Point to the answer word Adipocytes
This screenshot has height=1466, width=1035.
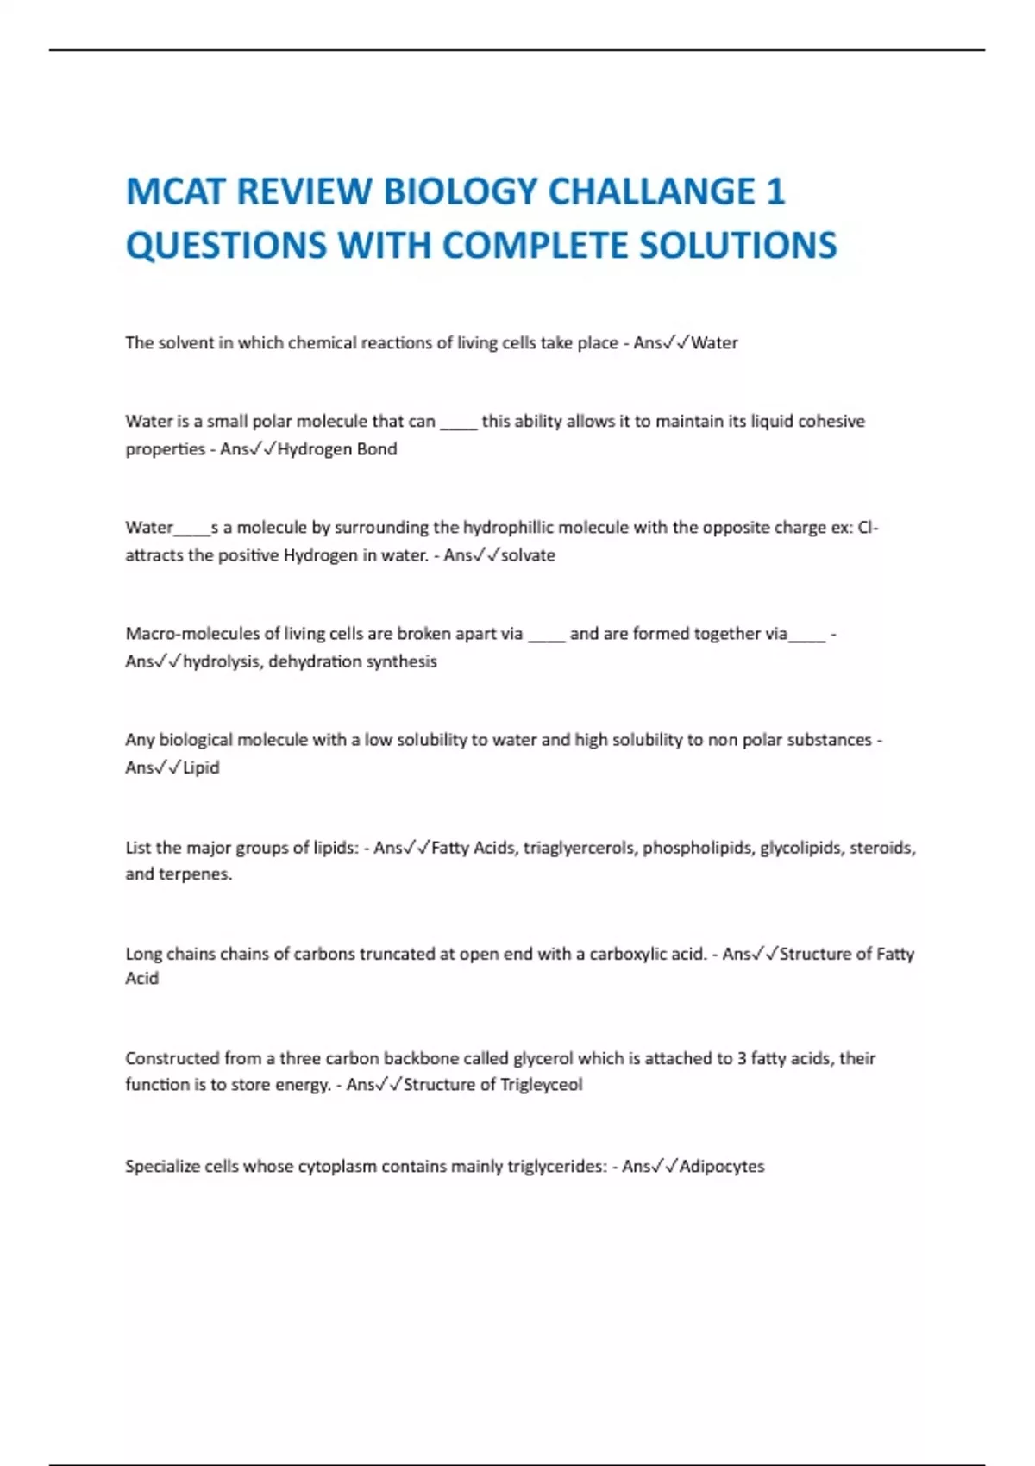coord(722,1166)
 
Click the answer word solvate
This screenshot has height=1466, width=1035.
coord(528,555)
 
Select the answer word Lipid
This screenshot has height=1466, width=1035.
coord(201,767)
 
